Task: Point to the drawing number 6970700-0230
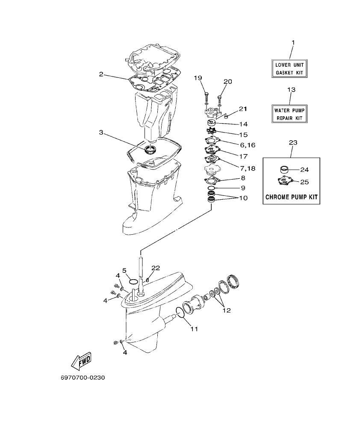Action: tap(83, 378)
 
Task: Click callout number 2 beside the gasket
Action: tap(101, 74)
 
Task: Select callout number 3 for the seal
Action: tap(101, 133)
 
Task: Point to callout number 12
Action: tap(226, 310)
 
